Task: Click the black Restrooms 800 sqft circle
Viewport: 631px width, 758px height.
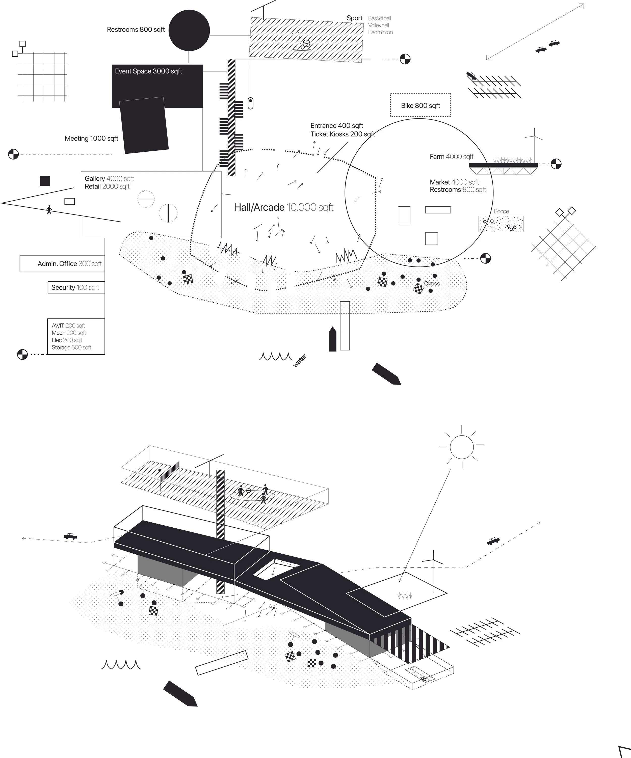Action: tap(189, 30)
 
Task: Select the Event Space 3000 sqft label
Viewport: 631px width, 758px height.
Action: tap(148, 71)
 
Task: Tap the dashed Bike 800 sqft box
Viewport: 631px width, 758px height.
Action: tap(420, 105)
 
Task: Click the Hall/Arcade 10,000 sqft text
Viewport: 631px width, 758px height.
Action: tap(283, 207)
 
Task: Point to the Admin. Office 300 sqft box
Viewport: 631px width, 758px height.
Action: tap(62, 263)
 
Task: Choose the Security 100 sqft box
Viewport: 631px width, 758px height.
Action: tap(76, 287)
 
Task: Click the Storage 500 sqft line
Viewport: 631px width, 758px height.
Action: tap(71, 347)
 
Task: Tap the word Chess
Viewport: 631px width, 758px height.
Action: tap(432, 283)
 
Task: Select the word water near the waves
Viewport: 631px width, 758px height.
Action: tap(299, 361)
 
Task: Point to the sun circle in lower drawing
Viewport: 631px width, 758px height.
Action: tap(461, 447)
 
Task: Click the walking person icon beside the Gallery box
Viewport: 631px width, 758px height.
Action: tap(49, 210)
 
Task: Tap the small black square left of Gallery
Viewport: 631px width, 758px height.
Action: tap(45, 181)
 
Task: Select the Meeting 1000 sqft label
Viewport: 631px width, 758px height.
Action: tap(91, 138)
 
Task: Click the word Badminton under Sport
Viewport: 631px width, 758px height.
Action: tap(380, 32)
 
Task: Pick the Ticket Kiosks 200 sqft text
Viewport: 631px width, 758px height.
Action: tap(342, 134)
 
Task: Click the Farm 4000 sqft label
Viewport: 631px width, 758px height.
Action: tap(451, 156)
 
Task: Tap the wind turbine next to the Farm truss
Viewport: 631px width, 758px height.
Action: tap(534, 144)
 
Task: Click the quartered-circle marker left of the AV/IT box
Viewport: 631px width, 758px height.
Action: tap(22, 354)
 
